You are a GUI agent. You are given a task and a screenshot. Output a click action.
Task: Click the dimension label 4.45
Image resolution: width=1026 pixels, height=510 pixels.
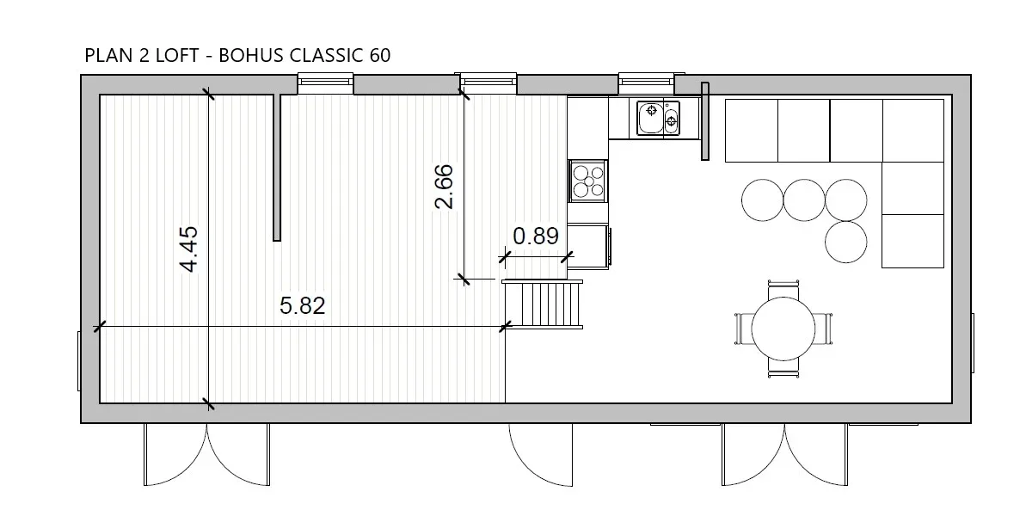(x=189, y=249)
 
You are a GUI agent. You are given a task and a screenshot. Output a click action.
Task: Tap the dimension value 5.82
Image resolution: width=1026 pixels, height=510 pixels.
(x=303, y=305)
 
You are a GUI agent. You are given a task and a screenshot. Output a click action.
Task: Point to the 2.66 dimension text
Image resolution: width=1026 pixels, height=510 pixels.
(x=445, y=187)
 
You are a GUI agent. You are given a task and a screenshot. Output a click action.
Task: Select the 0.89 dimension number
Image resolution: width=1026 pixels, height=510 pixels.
(x=536, y=236)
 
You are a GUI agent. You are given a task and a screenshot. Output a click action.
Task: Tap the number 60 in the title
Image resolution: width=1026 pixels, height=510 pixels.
(x=380, y=55)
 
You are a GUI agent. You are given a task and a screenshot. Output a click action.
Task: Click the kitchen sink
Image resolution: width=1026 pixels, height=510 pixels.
(x=658, y=119)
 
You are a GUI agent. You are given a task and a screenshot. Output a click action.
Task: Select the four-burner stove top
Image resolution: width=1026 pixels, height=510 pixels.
(x=588, y=181)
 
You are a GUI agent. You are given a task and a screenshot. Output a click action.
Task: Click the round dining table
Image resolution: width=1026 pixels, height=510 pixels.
(x=783, y=329)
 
